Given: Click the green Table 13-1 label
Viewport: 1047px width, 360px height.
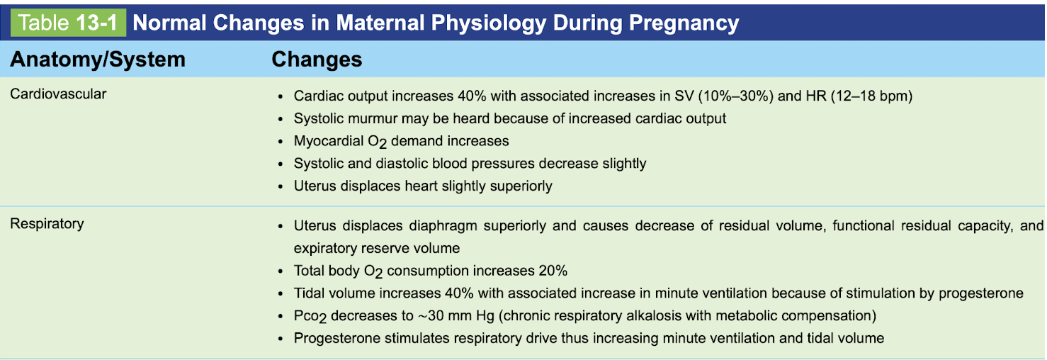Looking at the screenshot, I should pyautogui.click(x=69, y=23).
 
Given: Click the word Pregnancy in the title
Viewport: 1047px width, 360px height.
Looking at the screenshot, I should pyautogui.click(x=684, y=23).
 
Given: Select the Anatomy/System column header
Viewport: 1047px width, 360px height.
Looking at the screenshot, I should pyautogui.click(x=98, y=60).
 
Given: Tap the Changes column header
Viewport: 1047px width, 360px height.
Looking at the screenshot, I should pyautogui.click(x=317, y=60).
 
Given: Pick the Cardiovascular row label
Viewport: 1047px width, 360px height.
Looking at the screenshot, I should pyautogui.click(x=58, y=94).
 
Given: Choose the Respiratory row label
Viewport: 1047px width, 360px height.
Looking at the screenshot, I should pyautogui.click(x=47, y=224).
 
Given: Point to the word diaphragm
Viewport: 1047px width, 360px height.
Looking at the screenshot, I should pyautogui.click(x=440, y=226).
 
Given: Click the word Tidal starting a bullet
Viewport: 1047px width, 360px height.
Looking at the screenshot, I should pyautogui.click(x=310, y=293).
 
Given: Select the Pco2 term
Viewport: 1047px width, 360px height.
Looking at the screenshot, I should pyautogui.click(x=312, y=316).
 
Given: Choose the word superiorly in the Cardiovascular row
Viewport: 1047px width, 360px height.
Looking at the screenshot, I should pyautogui.click(x=520, y=186).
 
